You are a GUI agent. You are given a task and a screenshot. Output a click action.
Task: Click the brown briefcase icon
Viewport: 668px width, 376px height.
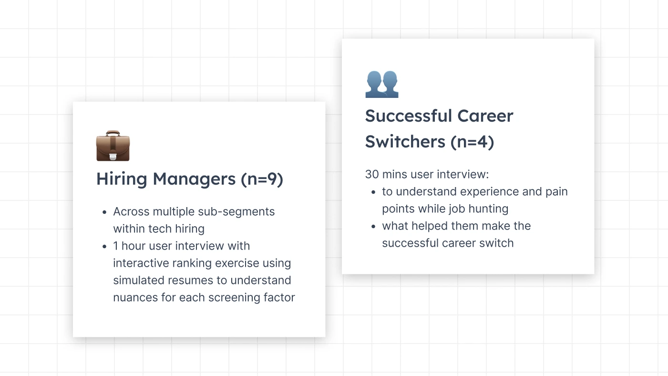tap(113, 146)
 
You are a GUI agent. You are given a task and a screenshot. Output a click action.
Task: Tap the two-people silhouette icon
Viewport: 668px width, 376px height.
tap(382, 84)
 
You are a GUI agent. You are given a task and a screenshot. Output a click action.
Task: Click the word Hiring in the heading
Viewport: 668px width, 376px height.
tap(122, 179)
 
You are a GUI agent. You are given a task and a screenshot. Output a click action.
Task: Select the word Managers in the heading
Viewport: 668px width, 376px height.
tap(194, 179)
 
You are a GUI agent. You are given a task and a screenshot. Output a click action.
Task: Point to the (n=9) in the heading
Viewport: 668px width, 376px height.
tap(262, 179)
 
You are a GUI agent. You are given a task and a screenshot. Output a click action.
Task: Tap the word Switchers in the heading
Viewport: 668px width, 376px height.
tap(405, 141)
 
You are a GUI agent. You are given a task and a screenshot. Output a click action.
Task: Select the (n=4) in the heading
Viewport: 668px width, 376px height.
tap(472, 142)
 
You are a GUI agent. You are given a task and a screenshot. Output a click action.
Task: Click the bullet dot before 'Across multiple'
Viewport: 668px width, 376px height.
tap(104, 212)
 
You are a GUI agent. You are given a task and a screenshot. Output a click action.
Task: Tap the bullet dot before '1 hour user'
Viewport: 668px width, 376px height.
tap(104, 247)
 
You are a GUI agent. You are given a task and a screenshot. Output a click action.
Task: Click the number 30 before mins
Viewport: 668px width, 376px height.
tap(372, 174)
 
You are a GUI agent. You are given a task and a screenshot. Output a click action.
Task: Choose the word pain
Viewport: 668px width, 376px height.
tap(556, 192)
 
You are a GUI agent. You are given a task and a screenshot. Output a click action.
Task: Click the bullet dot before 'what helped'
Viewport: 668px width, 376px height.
tap(373, 227)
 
